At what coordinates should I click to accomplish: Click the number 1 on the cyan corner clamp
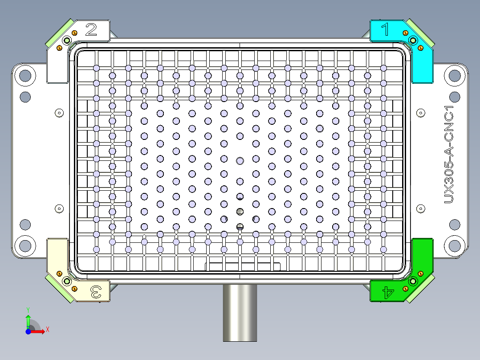point(386,30)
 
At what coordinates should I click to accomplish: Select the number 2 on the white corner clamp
point(91,30)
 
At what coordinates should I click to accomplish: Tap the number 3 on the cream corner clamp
point(95,292)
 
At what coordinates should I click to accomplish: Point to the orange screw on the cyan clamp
point(405,33)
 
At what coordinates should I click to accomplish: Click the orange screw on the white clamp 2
point(74,33)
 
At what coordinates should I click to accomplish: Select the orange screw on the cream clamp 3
point(59,273)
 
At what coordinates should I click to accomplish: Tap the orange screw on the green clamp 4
point(405,289)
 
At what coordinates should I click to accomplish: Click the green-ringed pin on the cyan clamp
point(413,41)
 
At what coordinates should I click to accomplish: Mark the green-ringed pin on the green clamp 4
point(413,281)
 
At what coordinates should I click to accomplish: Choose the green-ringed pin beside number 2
point(67,41)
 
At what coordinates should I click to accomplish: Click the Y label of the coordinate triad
point(28,309)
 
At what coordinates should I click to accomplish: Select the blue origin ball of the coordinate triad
point(28,331)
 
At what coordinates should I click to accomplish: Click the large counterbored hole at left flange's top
point(25,75)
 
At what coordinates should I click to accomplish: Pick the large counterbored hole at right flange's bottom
point(455,245)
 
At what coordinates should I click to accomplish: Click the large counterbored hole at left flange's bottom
point(25,245)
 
